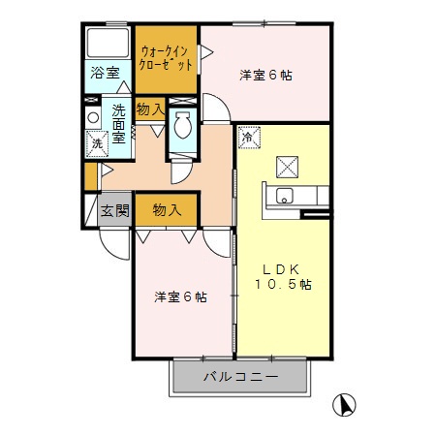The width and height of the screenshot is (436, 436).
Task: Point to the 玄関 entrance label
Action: click(114, 210)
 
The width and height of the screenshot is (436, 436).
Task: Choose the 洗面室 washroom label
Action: click(119, 123)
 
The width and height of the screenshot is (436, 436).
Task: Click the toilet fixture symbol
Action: click(182, 127)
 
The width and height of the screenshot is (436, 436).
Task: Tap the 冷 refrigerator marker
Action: click(247, 138)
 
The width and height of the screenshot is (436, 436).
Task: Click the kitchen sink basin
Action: click(284, 197)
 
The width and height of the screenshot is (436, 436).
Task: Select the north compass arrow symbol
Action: click(343, 403)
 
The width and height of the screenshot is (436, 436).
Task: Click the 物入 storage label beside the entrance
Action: click(167, 209)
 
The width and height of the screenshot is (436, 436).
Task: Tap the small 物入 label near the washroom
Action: click(149, 109)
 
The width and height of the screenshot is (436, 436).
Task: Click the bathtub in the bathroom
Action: click(107, 43)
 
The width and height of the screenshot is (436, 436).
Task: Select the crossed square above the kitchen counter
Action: click(289, 166)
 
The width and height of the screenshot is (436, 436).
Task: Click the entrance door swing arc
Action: click(114, 244)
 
